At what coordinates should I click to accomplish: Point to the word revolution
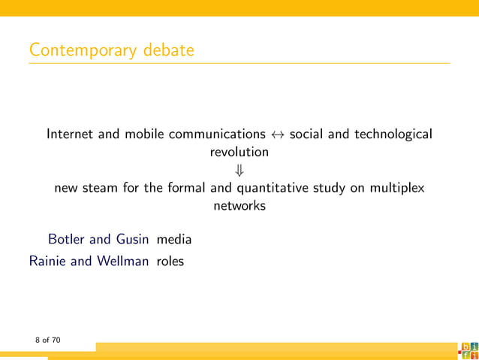click(239, 152)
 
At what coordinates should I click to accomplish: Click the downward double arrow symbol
click(239, 170)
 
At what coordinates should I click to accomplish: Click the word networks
click(239, 205)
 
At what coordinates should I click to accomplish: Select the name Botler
click(67, 240)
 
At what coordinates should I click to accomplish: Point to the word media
click(173, 240)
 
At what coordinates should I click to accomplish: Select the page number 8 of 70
click(47, 340)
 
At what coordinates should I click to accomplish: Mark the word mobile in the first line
click(145, 135)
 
